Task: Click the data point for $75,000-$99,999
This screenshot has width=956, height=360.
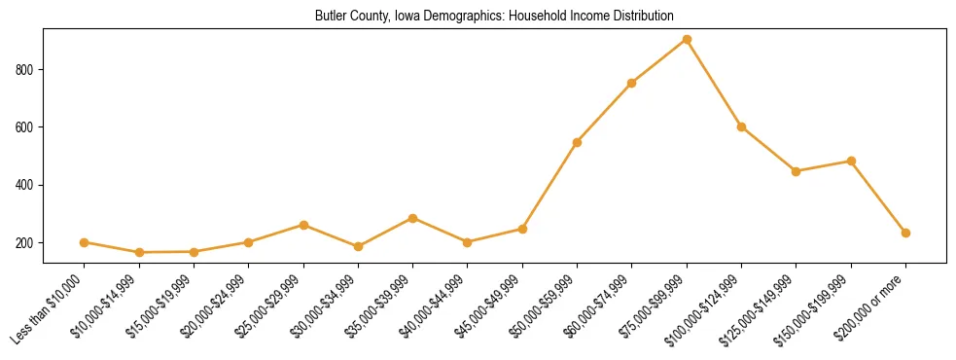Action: click(x=687, y=40)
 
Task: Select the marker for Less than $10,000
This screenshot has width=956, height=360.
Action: click(x=85, y=242)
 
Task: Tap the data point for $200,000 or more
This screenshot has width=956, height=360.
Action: click(x=905, y=233)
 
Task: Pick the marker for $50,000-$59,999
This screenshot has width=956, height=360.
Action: click(x=577, y=142)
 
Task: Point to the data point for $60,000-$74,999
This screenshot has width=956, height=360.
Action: click(x=632, y=83)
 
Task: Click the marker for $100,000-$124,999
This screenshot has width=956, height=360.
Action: click(x=741, y=126)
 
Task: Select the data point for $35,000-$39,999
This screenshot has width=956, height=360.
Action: click(x=412, y=218)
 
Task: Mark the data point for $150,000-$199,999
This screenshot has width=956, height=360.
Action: click(x=851, y=161)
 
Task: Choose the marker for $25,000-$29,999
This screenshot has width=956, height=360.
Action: click(x=303, y=225)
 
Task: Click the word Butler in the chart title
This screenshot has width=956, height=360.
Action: click(x=331, y=17)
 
